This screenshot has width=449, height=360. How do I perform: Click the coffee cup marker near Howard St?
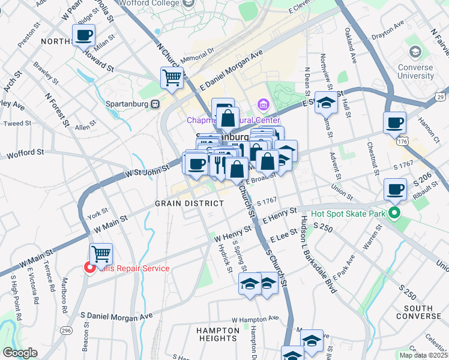tap(83, 35)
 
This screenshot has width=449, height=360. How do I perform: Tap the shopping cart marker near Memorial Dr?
tap(172, 77)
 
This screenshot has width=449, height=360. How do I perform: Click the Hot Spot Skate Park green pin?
tap(394, 213)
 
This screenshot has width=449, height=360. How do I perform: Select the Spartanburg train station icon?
tap(155, 103)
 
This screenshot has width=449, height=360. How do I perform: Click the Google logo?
tap(20, 353)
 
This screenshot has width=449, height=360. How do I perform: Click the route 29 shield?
tap(441, 97)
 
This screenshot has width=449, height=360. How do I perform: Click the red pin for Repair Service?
tap(89, 268)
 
